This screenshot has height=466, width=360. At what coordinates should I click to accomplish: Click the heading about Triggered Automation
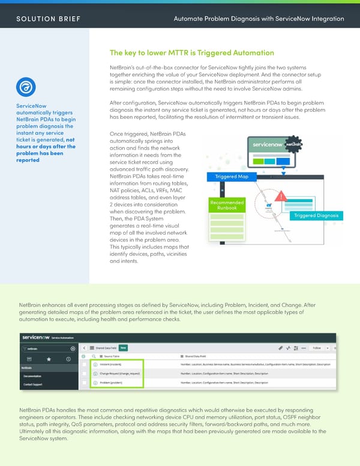tap(192, 53)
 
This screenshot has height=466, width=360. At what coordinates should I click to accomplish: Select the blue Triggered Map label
tap(232, 177)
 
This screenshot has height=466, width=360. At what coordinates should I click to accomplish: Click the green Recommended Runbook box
tap(227, 205)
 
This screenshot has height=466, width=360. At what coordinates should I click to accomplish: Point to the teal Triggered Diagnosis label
tap(316, 216)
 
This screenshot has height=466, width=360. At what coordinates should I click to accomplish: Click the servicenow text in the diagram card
tap(267, 145)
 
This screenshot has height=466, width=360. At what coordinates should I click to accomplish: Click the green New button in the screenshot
tap(123, 347)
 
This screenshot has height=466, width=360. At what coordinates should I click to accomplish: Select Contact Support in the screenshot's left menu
tap(33, 383)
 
